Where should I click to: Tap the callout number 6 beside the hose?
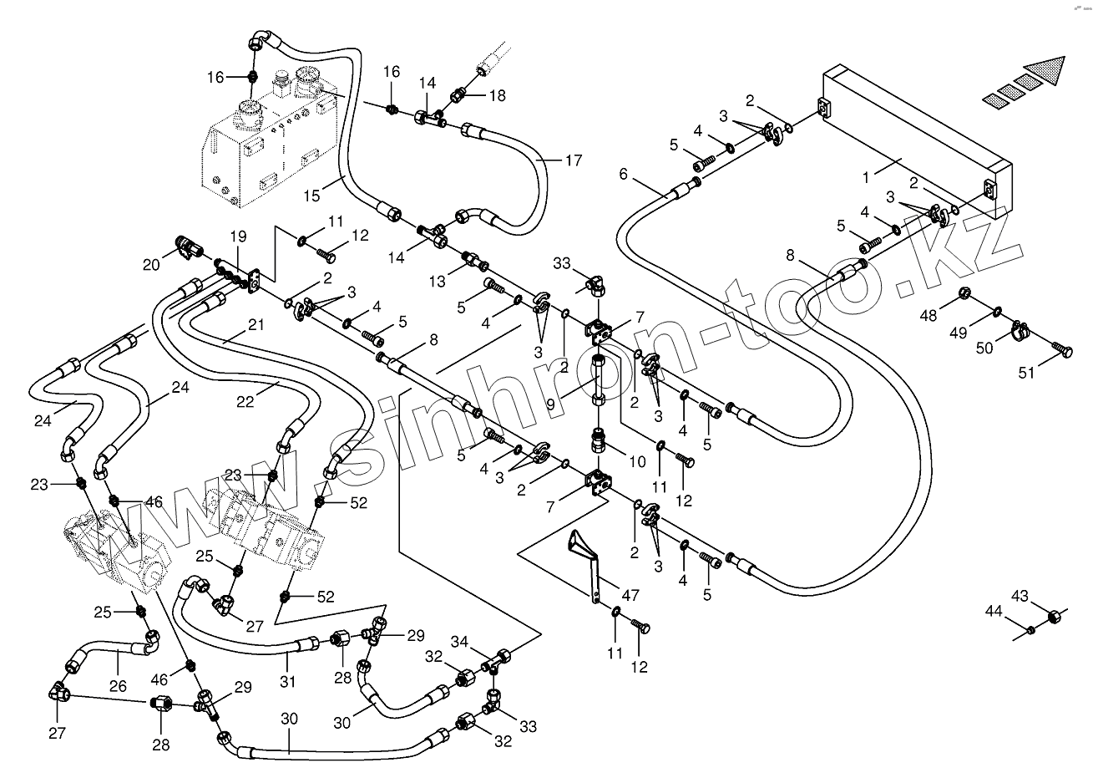pos(623,174)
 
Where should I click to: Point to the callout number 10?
pos(636,460)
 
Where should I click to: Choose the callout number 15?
pos(312,196)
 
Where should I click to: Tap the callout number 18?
pos(497,96)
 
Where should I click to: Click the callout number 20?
pos(149,265)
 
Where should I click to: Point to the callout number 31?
pos(287,682)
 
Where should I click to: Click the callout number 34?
pos(460,642)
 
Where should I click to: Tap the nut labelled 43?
pos(1055,615)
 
